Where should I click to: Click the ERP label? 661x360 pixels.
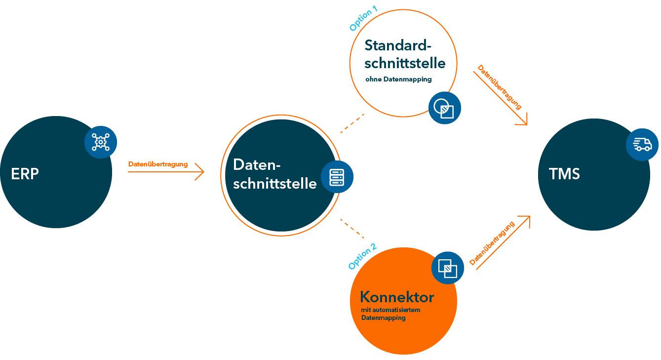click(x=25, y=174)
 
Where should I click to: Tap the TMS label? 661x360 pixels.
click(x=564, y=174)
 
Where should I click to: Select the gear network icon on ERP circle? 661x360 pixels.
click(x=101, y=142)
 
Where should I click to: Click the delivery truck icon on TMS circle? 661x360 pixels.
click(x=642, y=144)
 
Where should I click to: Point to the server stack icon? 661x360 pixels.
click(x=337, y=177)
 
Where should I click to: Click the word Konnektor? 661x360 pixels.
click(x=397, y=297)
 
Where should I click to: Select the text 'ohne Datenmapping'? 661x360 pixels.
click(x=398, y=79)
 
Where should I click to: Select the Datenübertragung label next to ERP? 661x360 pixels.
click(x=157, y=164)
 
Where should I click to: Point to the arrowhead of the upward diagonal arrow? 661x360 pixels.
click(x=526, y=219)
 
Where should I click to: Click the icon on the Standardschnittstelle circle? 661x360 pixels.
click(x=444, y=108)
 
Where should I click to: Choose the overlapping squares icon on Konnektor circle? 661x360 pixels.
click(x=447, y=268)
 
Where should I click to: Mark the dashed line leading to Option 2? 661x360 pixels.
click(x=352, y=228)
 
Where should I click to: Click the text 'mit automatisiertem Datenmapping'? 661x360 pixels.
click(x=390, y=314)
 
